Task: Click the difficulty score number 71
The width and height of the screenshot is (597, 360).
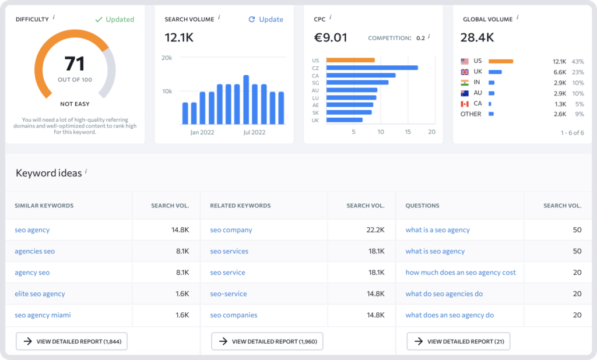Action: pyautogui.click(x=75, y=63)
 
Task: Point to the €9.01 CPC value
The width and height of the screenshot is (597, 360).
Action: pyautogui.click(x=331, y=38)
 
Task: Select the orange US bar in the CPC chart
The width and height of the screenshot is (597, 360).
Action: pyautogui.click(x=350, y=60)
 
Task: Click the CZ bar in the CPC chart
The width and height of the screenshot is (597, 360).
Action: pyautogui.click(x=372, y=68)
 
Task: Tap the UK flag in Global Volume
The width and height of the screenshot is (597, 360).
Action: pyautogui.click(x=465, y=72)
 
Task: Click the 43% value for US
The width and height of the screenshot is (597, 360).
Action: pyautogui.click(x=577, y=61)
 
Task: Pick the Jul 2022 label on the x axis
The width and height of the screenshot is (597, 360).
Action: pyautogui.click(x=254, y=132)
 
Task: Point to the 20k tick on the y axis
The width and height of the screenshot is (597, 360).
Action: pyautogui.click(x=167, y=58)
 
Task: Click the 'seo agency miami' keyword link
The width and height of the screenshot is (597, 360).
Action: pyautogui.click(x=43, y=315)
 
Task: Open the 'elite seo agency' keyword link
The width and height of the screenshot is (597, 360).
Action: pyautogui.click(x=40, y=294)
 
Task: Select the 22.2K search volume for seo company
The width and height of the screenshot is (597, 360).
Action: pyautogui.click(x=375, y=230)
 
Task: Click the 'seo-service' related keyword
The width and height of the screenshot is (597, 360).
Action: pyautogui.click(x=229, y=294)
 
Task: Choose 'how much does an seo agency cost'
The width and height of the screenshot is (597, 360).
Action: pyautogui.click(x=461, y=273)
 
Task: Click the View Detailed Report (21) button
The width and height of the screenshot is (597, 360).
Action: pyautogui.click(x=458, y=341)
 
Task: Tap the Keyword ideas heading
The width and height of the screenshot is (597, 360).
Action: pyautogui.click(x=48, y=173)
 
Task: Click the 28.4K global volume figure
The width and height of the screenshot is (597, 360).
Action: pyautogui.click(x=477, y=38)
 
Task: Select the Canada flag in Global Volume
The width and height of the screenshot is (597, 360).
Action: pyautogui.click(x=465, y=104)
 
